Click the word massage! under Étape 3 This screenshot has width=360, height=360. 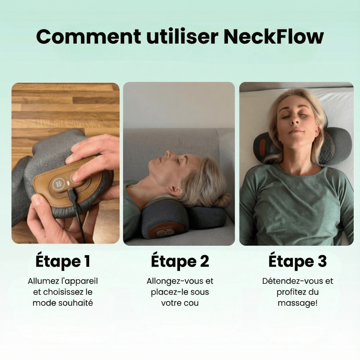click(298, 303)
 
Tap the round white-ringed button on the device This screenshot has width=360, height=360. click(57, 183)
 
